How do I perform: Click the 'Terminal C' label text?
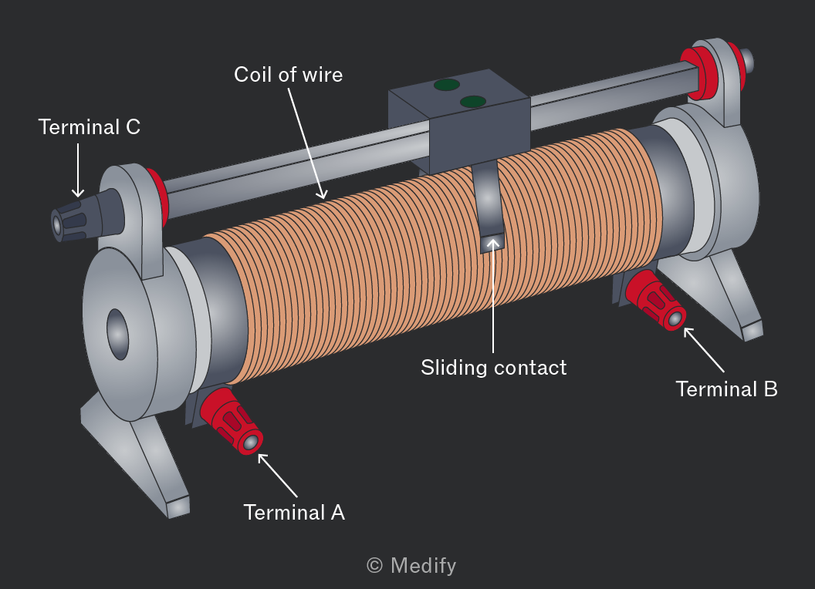(90, 127)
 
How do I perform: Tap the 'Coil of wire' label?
(289, 75)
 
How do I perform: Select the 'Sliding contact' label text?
(494, 368)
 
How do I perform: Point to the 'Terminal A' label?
(294, 513)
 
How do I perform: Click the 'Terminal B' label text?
(727, 389)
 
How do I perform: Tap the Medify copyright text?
(411, 566)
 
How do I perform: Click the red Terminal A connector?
(232, 421)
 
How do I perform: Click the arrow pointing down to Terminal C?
(78, 171)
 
